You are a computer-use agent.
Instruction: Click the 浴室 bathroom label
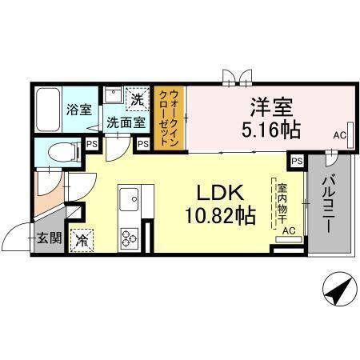77,110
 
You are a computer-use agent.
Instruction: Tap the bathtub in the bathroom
48,110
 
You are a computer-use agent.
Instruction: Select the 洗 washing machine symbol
138,101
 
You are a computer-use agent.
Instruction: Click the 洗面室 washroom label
126,123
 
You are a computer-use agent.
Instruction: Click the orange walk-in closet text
170,116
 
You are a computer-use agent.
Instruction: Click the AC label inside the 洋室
340,137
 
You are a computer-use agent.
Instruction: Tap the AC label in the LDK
289,231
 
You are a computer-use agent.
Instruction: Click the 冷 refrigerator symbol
82,238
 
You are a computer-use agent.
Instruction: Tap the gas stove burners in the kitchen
130,237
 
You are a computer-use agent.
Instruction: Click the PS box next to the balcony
297,161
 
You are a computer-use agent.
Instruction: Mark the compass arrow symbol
338,288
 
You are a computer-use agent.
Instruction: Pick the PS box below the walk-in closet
144,144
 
